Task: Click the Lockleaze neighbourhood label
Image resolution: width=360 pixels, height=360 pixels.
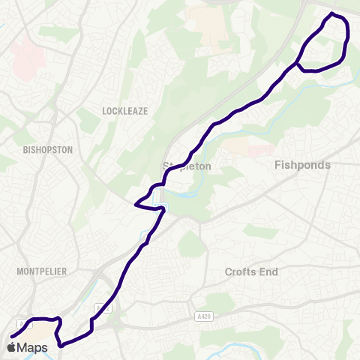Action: coord(125,111)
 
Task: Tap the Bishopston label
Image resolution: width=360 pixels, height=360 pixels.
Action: coord(49,150)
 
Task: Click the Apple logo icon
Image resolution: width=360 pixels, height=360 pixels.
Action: coord(10,348)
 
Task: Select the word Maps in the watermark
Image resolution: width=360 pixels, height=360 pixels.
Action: coord(33,348)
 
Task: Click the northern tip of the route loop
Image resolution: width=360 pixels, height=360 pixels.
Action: coord(332,13)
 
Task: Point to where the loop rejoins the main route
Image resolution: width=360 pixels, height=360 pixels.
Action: coord(298,63)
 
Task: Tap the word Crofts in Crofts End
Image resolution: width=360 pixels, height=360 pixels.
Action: coord(241,272)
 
